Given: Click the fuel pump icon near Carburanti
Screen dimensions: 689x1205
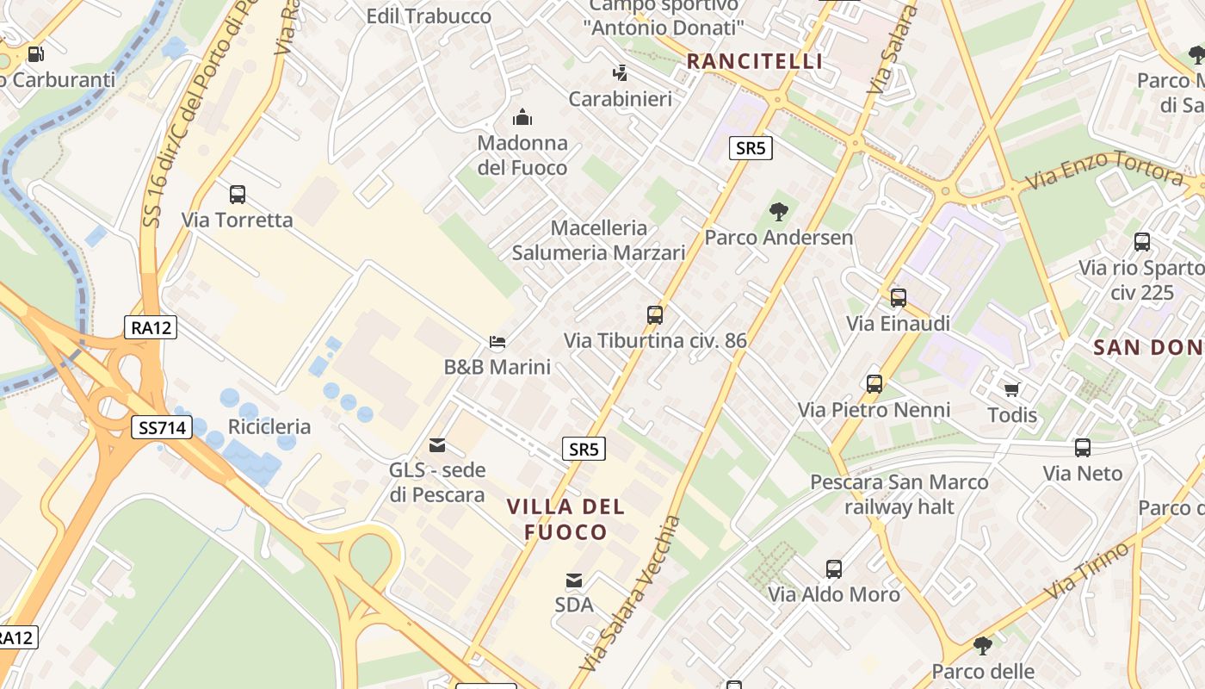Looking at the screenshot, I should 35,53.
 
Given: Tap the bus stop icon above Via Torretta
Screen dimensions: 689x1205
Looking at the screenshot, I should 238,195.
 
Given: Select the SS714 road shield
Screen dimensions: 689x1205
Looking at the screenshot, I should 162,427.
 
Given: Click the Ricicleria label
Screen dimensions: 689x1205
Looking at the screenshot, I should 269,427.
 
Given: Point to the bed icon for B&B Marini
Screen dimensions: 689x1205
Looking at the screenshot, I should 497,342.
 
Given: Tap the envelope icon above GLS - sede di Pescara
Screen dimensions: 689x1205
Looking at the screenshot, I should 437,445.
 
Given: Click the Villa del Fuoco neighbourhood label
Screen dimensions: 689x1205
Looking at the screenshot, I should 566,518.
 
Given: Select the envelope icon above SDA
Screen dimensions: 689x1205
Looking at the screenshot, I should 574,580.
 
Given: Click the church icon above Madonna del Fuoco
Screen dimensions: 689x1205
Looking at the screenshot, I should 522,117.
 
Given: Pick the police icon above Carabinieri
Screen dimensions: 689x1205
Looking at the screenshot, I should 620,73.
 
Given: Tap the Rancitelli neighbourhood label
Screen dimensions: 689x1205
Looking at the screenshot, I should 755,61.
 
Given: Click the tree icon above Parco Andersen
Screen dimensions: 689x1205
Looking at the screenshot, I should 779,211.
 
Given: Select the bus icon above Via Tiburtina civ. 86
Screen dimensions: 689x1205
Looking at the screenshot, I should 655,315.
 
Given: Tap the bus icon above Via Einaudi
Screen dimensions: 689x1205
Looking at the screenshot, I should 899,298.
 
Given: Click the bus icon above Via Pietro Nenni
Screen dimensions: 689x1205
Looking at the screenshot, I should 874,384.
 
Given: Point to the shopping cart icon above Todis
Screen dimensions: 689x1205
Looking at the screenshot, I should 1012,389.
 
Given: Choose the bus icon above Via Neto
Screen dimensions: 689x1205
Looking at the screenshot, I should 1083,448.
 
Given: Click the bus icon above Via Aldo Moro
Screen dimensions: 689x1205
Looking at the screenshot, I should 834,568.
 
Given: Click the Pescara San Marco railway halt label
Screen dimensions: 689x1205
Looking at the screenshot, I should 899,494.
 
